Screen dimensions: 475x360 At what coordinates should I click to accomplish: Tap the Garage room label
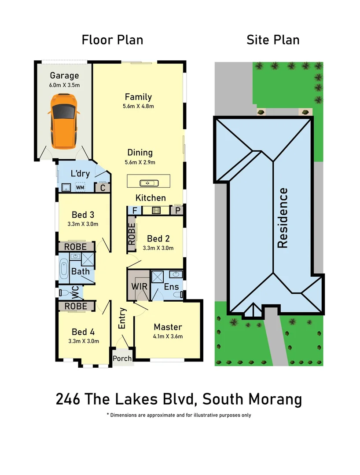pos(64,76)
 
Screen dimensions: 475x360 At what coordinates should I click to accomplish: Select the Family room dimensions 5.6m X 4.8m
pos(138,106)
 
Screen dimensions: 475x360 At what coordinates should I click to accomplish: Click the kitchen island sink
pos(145,183)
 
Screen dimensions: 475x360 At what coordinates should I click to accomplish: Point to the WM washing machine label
pos(80,188)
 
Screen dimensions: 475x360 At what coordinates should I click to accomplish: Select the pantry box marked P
pos(178,211)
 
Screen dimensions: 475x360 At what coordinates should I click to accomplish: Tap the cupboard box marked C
pos(102,188)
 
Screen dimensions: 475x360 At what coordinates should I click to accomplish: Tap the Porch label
pos(122,358)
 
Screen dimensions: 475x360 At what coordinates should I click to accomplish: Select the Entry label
pos(122,318)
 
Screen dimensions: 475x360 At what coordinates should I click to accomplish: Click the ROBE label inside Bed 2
pos(132,234)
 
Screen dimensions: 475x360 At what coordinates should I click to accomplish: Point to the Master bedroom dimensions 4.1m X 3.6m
pos(168,336)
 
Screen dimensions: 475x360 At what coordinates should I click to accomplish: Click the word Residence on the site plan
pos(283,218)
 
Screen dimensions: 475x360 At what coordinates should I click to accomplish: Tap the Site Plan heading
pos(273,40)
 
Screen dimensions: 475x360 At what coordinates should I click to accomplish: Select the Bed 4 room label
pos(83,332)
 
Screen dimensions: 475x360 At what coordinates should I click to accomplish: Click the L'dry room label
pos(80,173)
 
